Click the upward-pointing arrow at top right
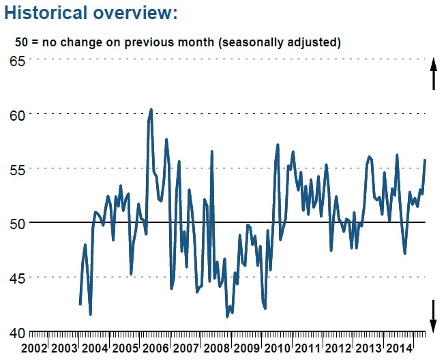coord(433,74)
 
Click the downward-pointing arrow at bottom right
coord(433,315)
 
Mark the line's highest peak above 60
coord(151,109)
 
